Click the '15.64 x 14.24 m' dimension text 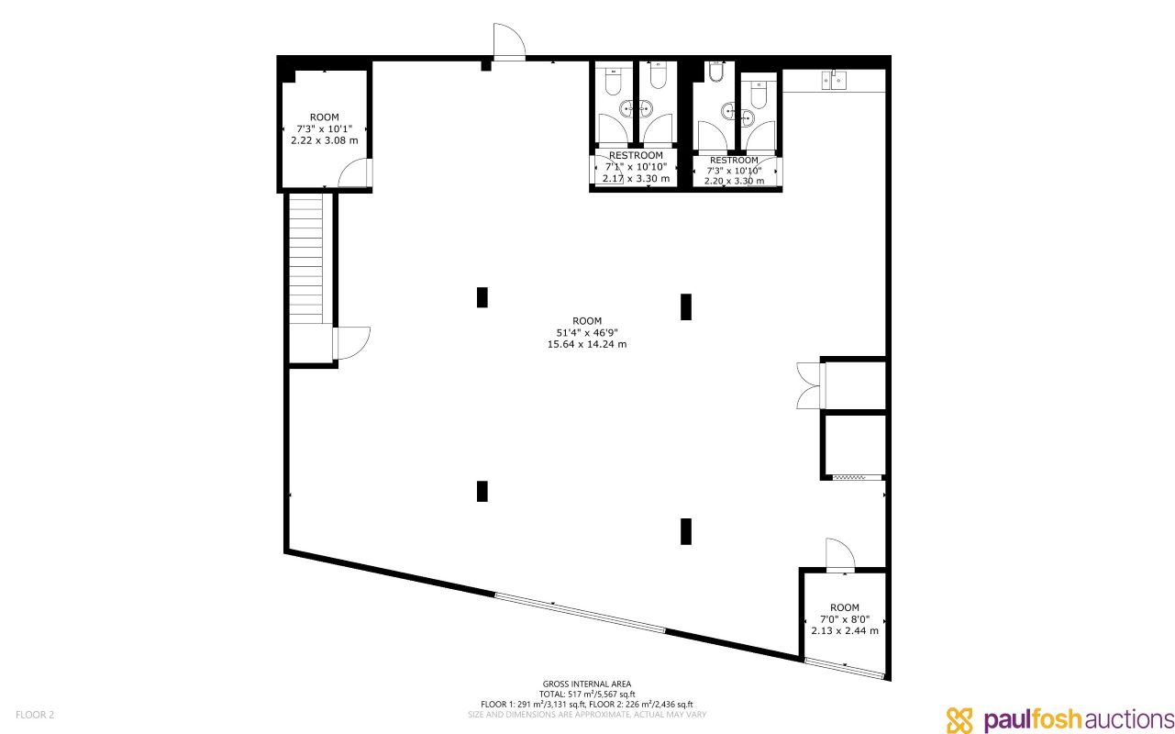[x=586, y=344]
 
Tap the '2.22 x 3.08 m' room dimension [x=324, y=140]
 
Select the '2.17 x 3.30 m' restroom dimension [x=636, y=179]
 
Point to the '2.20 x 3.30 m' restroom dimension [x=734, y=181]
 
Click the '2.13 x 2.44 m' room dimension [x=845, y=630]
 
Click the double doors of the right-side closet [x=809, y=384]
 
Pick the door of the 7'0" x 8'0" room [x=839, y=555]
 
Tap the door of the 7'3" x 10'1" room [x=354, y=173]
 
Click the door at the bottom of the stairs [x=351, y=343]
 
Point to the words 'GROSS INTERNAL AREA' [x=587, y=684]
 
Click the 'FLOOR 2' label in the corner [x=35, y=714]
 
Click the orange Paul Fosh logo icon [x=959, y=719]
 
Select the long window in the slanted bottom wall [x=581, y=612]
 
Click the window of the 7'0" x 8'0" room [x=845, y=668]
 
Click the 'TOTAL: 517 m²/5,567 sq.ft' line [x=587, y=694]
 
